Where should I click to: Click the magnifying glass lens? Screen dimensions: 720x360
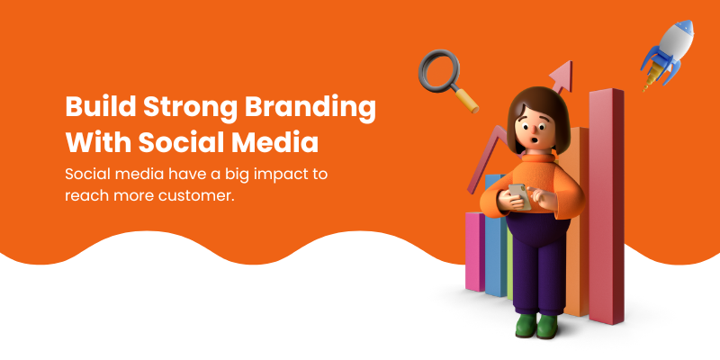439,69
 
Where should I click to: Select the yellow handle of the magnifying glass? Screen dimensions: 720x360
467,100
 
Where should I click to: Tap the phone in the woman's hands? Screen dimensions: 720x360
519,196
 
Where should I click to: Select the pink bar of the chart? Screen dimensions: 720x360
475,251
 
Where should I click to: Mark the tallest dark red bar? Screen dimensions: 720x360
606,207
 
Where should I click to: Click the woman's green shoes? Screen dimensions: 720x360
536,326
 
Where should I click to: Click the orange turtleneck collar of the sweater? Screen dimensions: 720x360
537,158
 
